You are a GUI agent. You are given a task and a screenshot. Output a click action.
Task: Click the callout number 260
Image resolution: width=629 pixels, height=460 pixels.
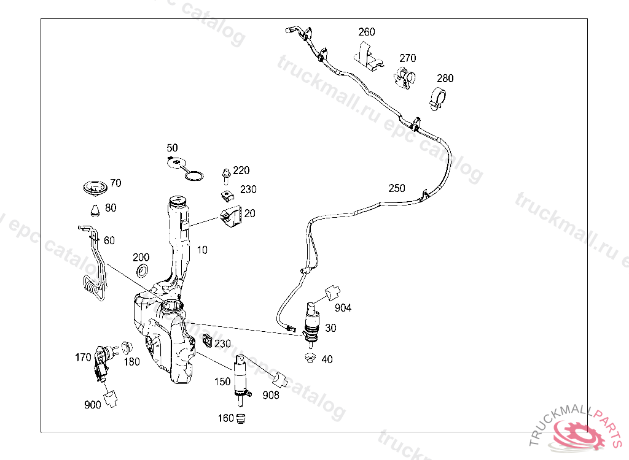pos(367,32)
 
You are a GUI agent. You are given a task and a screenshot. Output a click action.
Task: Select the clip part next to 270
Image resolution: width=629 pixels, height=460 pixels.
pos(404,78)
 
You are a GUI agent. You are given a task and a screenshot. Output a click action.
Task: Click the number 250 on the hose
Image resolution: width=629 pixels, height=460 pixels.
pos(397,188)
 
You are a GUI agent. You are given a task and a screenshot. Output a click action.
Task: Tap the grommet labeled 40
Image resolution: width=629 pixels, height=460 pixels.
pos(310,358)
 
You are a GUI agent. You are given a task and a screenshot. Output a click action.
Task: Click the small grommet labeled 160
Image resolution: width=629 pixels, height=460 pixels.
pos(241,419)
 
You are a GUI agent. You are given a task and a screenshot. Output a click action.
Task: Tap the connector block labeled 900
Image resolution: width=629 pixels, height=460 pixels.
pos(111,399)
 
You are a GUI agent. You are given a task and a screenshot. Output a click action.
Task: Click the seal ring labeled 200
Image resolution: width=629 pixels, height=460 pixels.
pos(143,270)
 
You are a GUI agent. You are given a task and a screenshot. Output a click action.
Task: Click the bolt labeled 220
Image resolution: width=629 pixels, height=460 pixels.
pos(225,175)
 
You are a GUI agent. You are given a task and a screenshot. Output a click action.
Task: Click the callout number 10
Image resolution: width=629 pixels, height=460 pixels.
pos(202,250)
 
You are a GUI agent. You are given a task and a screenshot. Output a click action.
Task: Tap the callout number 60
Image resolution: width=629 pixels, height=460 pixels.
pos(109,240)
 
